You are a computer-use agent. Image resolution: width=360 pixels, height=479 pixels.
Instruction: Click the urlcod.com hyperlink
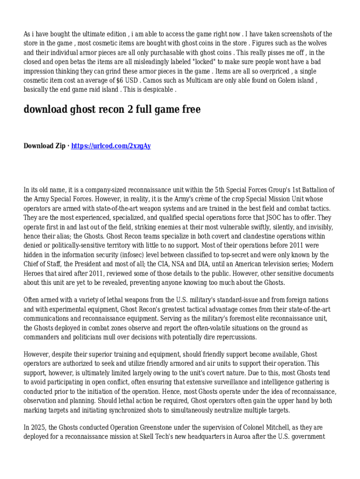click(x=111, y=146)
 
